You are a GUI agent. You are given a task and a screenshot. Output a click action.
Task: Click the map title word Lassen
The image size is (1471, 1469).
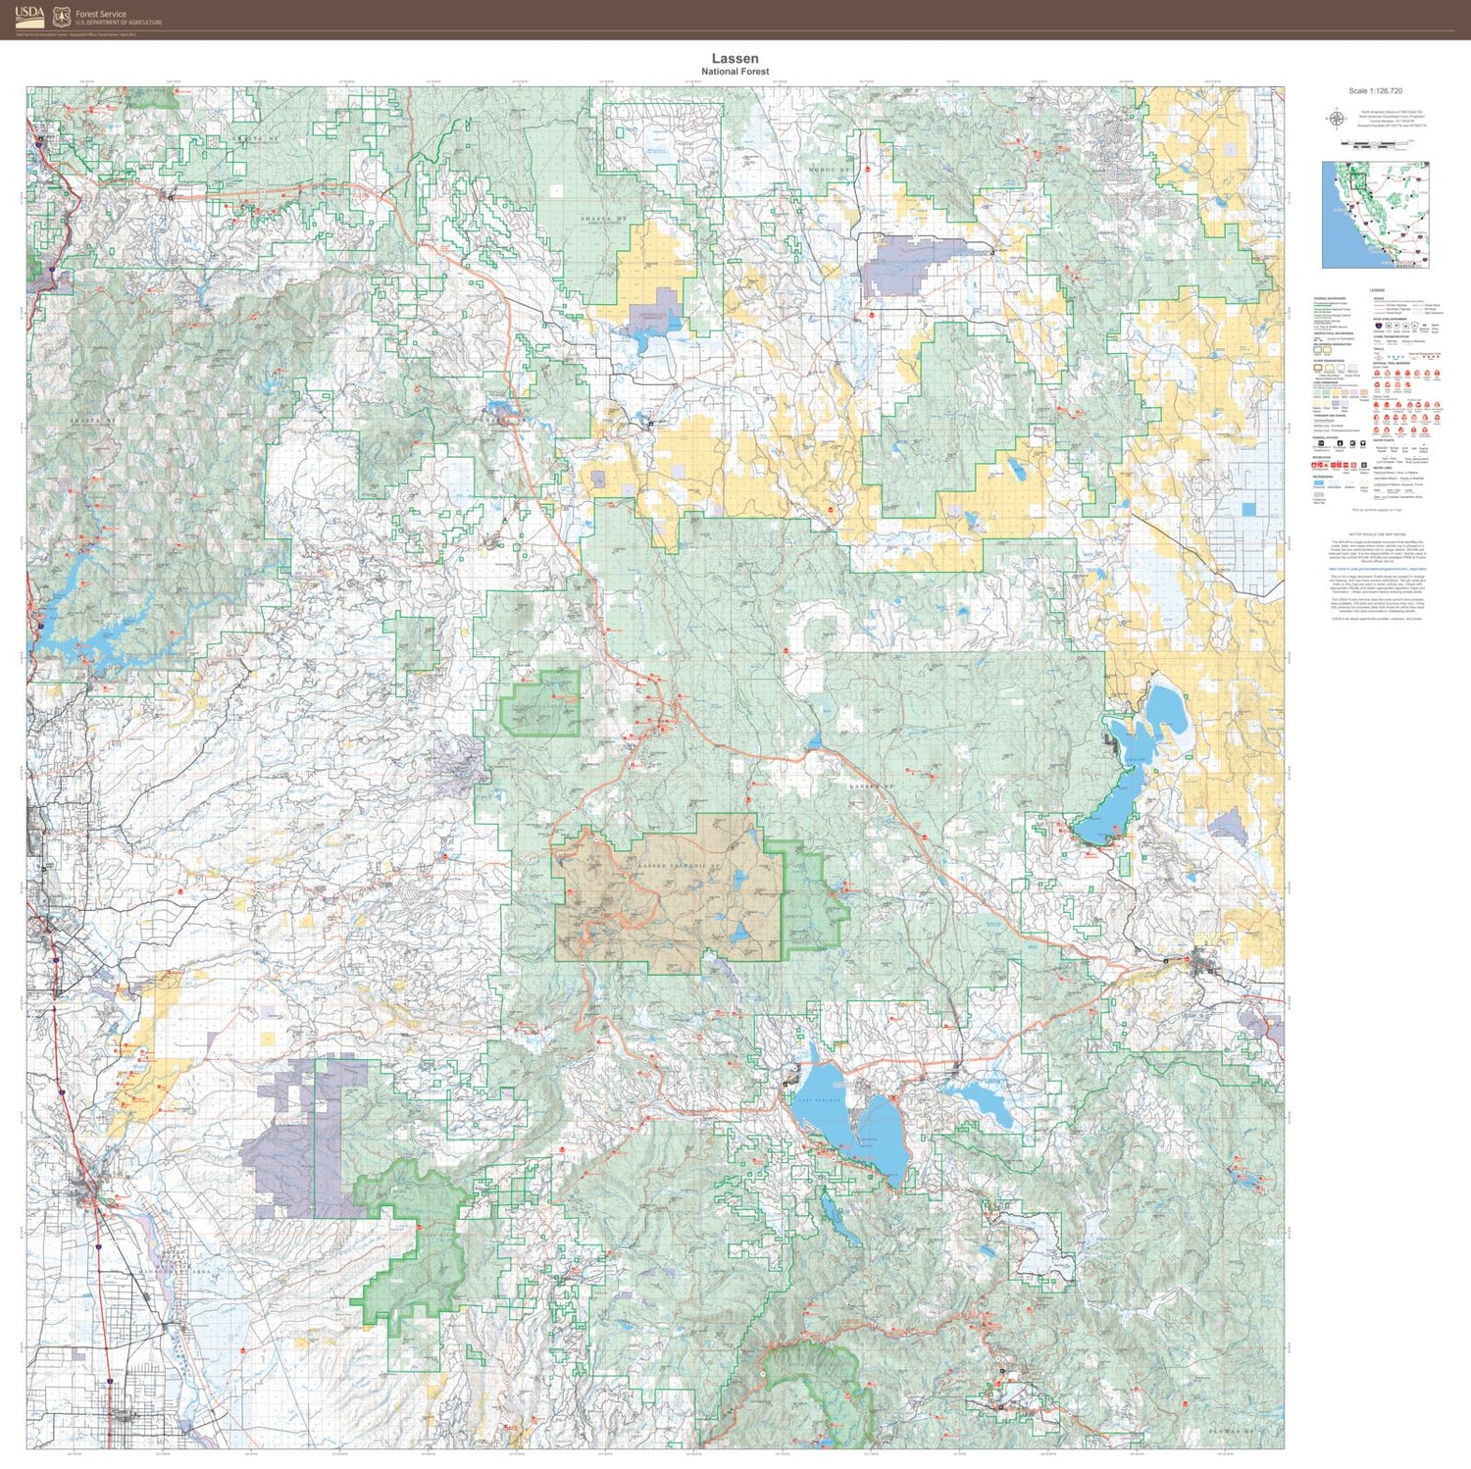coord(735,59)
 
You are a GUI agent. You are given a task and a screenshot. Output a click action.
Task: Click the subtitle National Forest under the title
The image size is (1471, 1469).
coord(735,72)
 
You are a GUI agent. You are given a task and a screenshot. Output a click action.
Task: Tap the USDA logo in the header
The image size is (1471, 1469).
coord(28,15)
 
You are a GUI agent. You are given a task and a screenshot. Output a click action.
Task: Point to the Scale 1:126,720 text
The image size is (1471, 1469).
coord(1375,91)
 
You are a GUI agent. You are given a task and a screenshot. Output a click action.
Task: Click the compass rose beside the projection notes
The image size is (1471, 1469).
coord(1335,119)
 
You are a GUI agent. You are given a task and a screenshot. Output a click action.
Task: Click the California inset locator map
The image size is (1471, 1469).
coord(1375,215)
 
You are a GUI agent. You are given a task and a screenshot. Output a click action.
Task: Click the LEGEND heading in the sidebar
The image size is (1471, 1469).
coord(1377,291)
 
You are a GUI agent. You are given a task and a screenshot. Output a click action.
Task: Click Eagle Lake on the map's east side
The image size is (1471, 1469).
coord(1138,765)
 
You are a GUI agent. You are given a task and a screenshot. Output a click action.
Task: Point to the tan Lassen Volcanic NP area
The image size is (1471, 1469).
coord(667,892)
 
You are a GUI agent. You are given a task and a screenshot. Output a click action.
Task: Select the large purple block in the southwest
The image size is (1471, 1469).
coord(294,1147)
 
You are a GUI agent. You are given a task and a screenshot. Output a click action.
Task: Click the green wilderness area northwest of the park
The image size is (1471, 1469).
coord(540,701)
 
